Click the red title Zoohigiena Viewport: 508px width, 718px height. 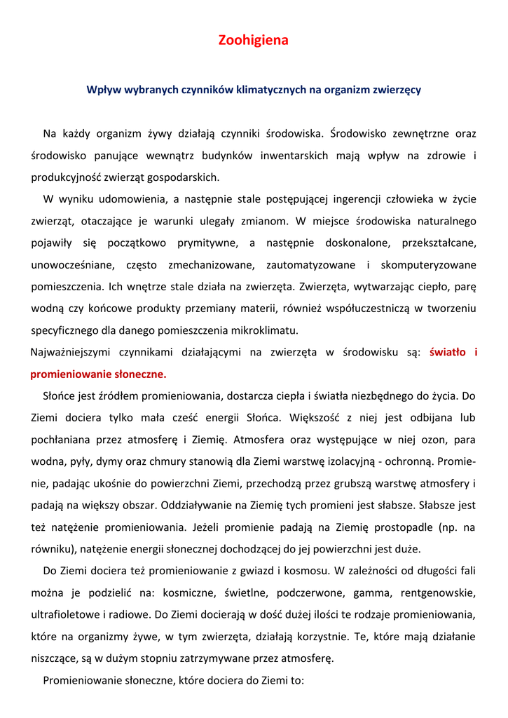coord(253,41)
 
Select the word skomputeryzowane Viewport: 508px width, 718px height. coord(429,264)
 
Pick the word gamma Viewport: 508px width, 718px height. coord(371,592)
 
